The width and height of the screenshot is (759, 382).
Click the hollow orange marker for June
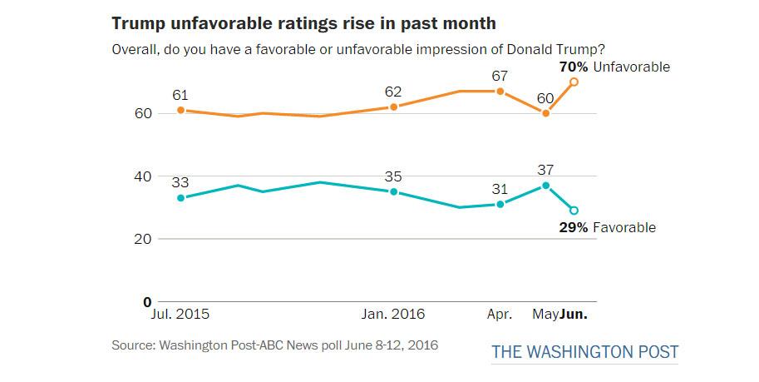(x=574, y=82)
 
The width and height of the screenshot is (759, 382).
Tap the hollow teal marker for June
(x=574, y=211)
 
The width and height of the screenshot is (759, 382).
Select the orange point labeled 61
(x=180, y=110)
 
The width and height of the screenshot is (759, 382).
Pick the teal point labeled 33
(x=180, y=197)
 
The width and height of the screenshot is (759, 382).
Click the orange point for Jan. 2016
(x=393, y=107)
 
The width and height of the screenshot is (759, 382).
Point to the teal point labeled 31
(x=500, y=204)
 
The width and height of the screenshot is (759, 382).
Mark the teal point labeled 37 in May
(x=545, y=185)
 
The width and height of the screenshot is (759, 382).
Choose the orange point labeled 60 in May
(x=545, y=112)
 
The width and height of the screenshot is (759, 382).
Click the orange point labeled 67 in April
(x=500, y=91)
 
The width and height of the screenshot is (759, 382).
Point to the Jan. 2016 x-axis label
(x=393, y=315)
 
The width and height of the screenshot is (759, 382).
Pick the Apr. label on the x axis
(x=499, y=315)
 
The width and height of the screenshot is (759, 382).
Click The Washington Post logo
(x=584, y=352)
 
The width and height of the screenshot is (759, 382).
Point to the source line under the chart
(x=274, y=344)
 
